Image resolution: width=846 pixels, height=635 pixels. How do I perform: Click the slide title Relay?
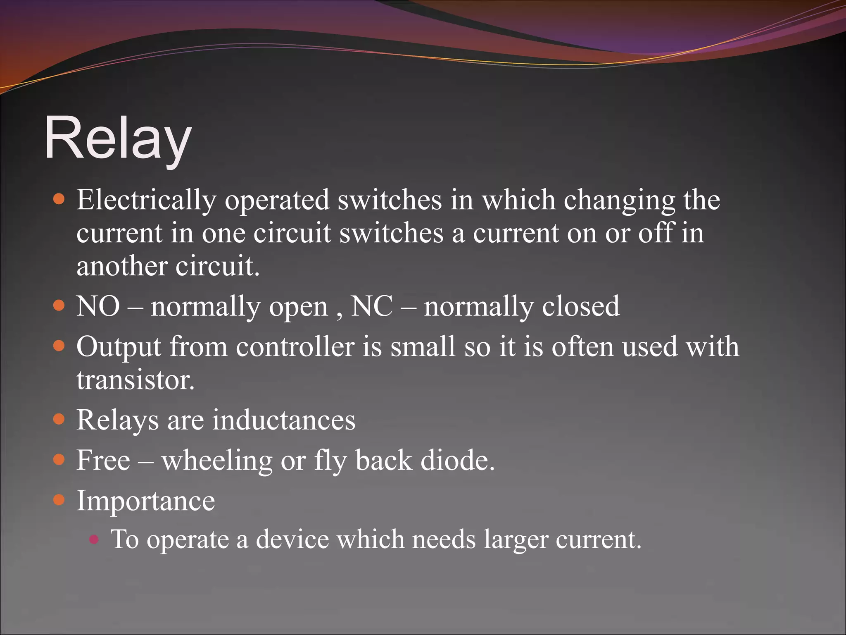(x=118, y=138)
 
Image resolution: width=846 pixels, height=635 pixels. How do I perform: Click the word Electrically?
(x=146, y=200)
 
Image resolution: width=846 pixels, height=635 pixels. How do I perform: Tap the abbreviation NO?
(x=98, y=306)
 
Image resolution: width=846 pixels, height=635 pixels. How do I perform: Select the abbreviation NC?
(x=371, y=306)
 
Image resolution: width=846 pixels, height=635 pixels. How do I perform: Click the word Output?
(x=119, y=346)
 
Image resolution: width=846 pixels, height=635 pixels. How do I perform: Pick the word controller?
(x=295, y=346)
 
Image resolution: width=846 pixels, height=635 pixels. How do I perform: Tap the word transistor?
(x=135, y=380)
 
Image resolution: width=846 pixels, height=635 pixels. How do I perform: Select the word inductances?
(x=283, y=420)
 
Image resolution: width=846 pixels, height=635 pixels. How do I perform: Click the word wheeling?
(x=217, y=461)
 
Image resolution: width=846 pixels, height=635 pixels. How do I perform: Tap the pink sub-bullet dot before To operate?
(x=94, y=539)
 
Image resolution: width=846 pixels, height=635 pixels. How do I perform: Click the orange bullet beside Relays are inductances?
(x=59, y=419)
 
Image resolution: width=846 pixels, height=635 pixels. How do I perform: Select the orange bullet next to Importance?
(x=59, y=500)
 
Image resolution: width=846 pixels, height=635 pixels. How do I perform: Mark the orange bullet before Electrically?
(x=59, y=199)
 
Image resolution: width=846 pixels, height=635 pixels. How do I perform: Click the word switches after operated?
(x=390, y=200)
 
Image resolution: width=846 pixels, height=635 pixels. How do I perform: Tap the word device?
(x=292, y=540)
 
